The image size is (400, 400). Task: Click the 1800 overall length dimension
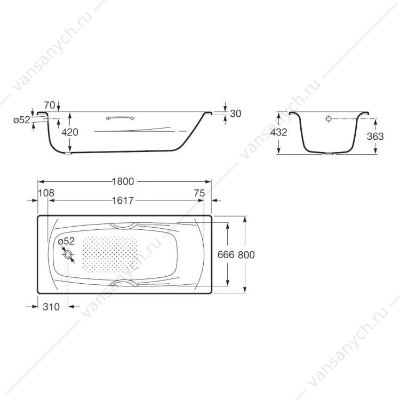[123, 181]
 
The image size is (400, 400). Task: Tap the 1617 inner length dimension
[123, 201]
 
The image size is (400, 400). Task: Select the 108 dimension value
[46, 193]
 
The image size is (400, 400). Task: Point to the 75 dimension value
[199, 193]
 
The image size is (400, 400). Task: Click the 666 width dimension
[226, 254]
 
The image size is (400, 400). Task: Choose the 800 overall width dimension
[246, 255]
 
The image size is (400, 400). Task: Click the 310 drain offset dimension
[51, 307]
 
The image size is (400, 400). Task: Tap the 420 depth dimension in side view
[70, 132]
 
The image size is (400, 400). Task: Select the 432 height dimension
[279, 132]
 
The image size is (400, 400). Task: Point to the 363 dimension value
[375, 137]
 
